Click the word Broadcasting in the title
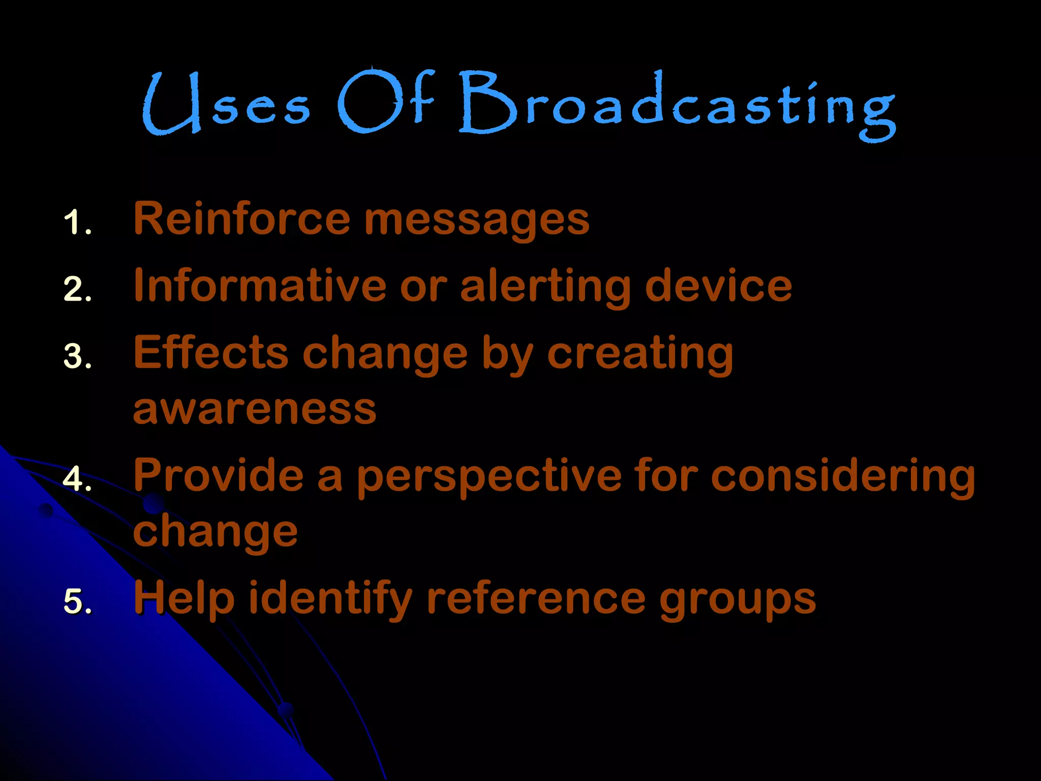point(676,104)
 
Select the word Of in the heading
point(386,102)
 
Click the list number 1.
point(77,223)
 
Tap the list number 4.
point(77,479)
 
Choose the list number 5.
point(77,601)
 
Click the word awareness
point(254,409)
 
